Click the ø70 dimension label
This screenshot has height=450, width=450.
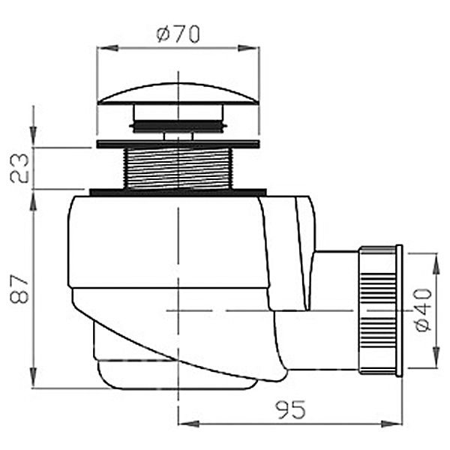click(x=178, y=34)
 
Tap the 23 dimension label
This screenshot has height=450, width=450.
click(x=19, y=168)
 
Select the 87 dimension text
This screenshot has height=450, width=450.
click(x=19, y=289)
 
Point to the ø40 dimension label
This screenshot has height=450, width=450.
click(x=424, y=310)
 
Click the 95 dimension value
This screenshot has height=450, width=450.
click(x=290, y=409)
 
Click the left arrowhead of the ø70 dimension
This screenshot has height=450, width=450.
click(x=108, y=48)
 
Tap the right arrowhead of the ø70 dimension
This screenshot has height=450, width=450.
click(x=249, y=48)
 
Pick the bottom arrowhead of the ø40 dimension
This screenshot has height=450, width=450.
click(x=436, y=357)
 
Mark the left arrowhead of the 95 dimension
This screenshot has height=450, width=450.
click(x=189, y=424)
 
